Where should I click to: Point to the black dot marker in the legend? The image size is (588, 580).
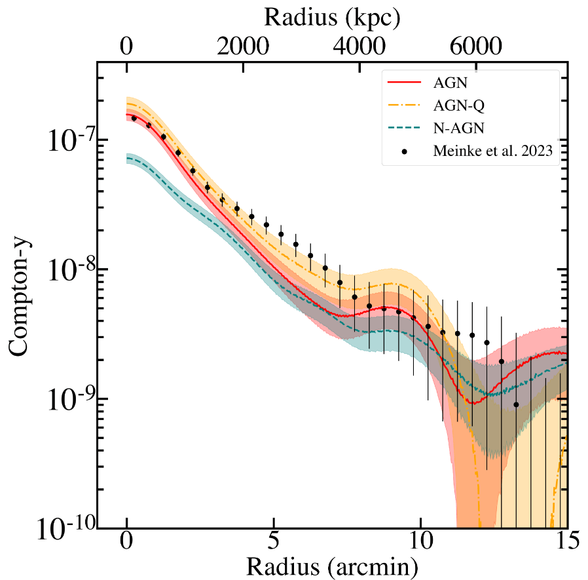click(x=406, y=151)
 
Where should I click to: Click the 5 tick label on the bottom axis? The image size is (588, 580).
click(x=274, y=544)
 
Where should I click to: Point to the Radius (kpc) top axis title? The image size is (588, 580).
click(x=332, y=18)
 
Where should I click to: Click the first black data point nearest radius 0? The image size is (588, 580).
click(x=134, y=118)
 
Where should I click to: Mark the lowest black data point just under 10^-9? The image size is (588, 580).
click(x=516, y=404)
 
